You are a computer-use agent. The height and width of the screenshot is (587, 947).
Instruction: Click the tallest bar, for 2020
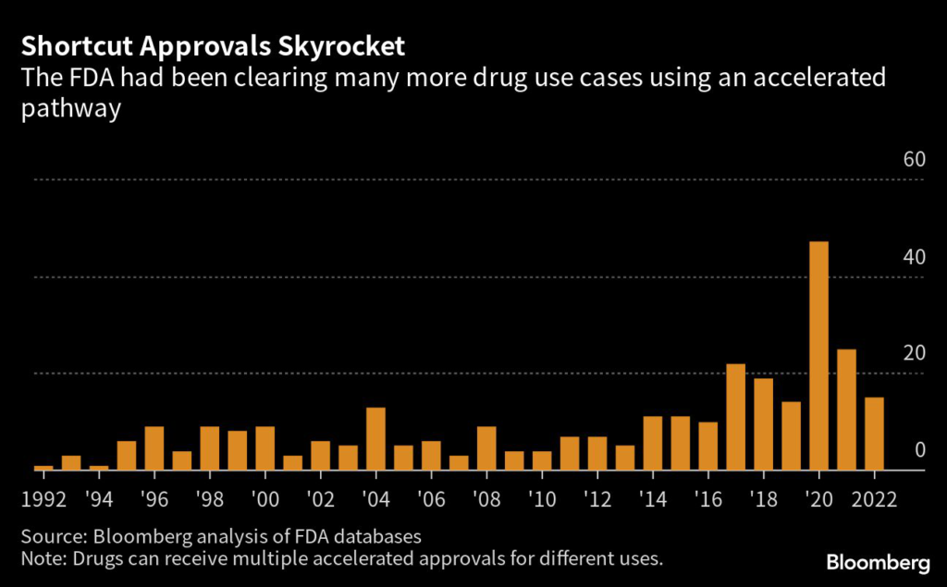[818, 356]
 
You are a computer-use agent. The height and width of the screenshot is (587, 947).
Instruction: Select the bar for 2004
[375, 439]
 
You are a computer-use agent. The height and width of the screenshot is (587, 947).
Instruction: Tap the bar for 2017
[735, 417]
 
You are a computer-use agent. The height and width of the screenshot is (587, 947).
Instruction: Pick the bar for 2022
[874, 434]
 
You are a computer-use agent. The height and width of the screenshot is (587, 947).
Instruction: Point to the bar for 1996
[154, 448]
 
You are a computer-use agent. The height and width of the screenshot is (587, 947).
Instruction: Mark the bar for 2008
[486, 448]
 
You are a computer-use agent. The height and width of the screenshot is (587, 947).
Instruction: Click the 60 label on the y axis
[914, 159]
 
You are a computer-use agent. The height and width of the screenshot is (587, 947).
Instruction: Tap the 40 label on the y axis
[914, 256]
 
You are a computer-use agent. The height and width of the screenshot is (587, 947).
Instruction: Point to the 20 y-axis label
[914, 353]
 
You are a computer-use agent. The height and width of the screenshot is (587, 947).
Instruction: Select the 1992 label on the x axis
[43, 502]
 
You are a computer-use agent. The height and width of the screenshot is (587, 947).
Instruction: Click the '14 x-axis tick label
[653, 502]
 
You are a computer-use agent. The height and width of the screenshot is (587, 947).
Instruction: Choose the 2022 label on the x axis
[875, 502]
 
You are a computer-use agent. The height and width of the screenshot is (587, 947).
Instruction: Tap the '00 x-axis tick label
[265, 502]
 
